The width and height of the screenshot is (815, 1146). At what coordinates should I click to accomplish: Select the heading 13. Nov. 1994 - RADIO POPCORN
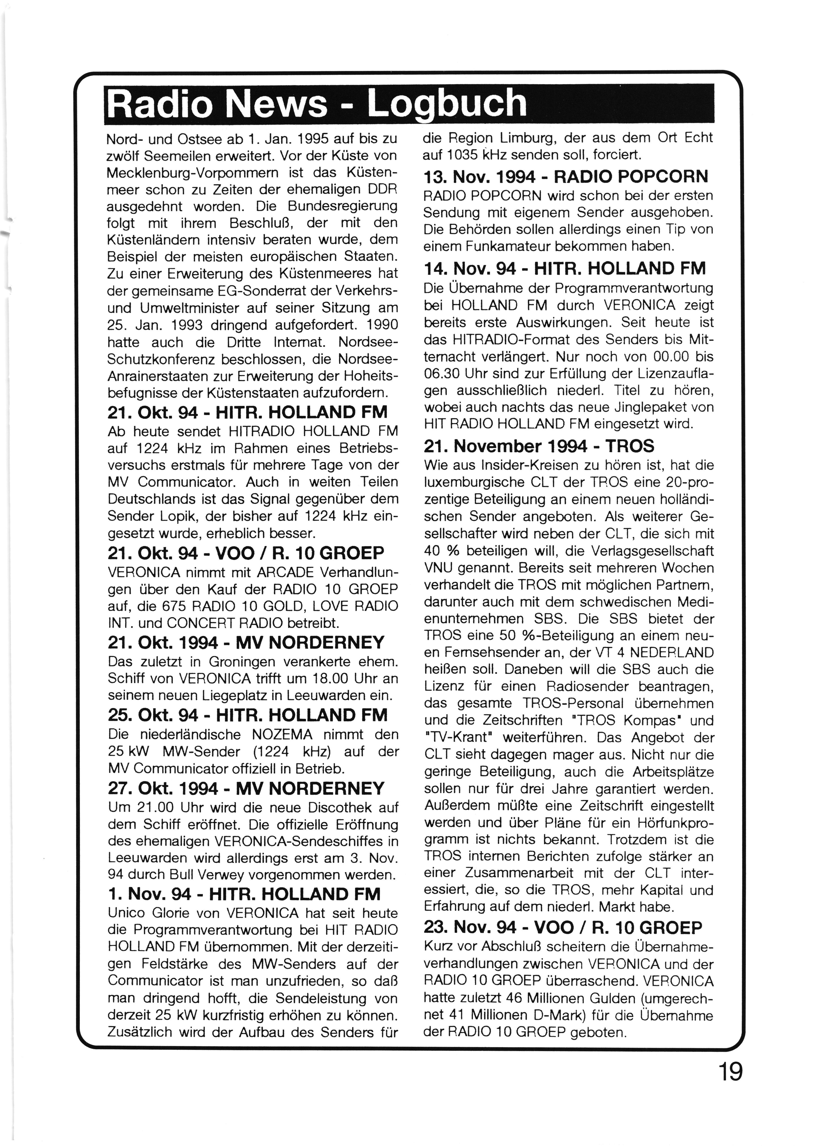[566, 177]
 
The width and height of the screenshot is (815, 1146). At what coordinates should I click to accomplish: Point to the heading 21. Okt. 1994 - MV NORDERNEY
[246, 642]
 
